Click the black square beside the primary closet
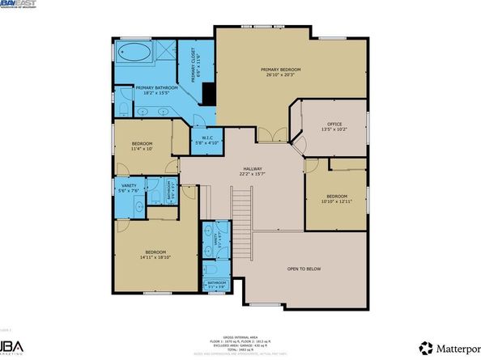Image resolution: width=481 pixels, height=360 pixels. pyautogui.click(x=208, y=94)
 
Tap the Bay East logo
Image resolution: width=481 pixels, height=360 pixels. pyautogui.click(x=21, y=4)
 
